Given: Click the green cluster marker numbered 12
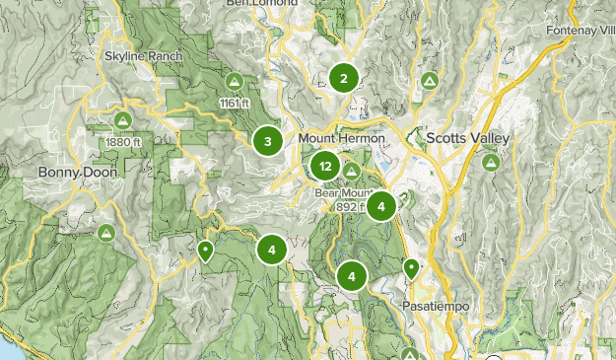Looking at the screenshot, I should point(325,167).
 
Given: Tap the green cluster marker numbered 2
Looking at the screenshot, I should point(343,79).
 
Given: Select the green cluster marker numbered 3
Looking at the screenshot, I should point(267,142).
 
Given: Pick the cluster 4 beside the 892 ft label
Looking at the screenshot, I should point(381,206).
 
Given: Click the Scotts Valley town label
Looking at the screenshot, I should point(468,139).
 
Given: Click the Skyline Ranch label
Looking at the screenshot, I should point(144,56).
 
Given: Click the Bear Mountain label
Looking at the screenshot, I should point(340,192).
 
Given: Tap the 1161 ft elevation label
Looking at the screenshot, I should point(235,102).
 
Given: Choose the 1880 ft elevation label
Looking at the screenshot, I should point(122,141).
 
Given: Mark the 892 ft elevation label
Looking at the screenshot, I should point(349,207).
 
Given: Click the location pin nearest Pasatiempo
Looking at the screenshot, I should point(411,267).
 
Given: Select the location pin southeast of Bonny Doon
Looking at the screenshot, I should point(205,251).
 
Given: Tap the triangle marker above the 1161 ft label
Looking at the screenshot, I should point(235,81).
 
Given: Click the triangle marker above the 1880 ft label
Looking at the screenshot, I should point(122,120).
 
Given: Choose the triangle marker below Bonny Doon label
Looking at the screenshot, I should point(106,234).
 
